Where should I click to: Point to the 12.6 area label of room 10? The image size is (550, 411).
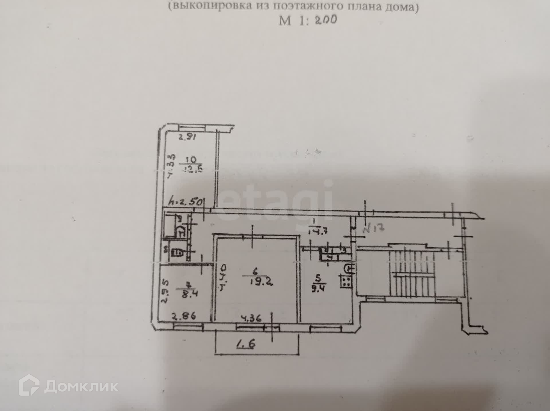coord(191,169)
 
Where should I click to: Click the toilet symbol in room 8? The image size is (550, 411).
coord(177,253)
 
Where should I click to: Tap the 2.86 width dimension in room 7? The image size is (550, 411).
coord(184,316)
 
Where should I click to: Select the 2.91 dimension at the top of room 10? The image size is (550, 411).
coord(187,137)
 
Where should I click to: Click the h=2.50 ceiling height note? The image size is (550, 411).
coord(186,202)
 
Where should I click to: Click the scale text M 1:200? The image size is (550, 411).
coord(308,20)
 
